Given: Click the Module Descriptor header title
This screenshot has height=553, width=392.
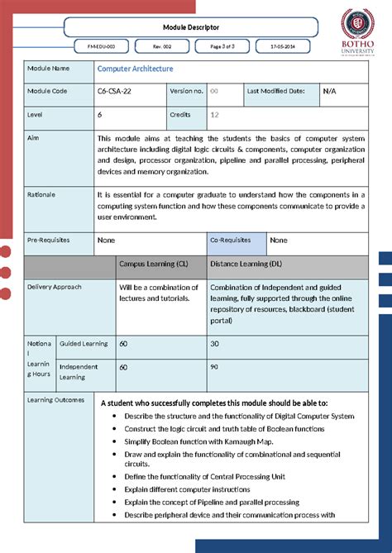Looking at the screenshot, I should pyautogui.click(x=191, y=26).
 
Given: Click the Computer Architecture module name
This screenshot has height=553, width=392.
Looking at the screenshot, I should pyautogui.click(x=135, y=69).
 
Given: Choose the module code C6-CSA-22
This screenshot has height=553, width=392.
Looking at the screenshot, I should pyautogui.click(x=116, y=91).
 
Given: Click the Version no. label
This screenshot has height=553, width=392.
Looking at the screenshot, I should pyautogui.click(x=186, y=91).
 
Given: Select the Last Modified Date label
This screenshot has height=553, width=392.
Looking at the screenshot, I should pyautogui.click(x=275, y=91).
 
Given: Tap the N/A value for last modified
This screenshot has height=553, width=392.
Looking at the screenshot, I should pyautogui.click(x=329, y=91).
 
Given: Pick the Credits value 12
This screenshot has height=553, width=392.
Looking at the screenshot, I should pyautogui.click(x=214, y=116).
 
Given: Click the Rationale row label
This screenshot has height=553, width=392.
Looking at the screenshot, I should pyautogui.click(x=42, y=194).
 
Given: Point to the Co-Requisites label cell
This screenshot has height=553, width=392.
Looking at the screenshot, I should pyautogui.click(x=231, y=240).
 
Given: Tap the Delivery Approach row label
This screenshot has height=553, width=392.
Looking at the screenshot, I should pyautogui.click(x=55, y=287).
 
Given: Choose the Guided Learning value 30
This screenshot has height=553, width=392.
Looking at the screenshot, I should pyautogui.click(x=214, y=343).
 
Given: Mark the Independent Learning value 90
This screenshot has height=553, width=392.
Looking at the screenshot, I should pyautogui.click(x=214, y=366).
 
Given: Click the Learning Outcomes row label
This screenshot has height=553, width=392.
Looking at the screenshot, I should pyautogui.click(x=56, y=400).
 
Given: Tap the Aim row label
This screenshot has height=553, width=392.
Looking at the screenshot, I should pyautogui.click(x=33, y=138).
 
